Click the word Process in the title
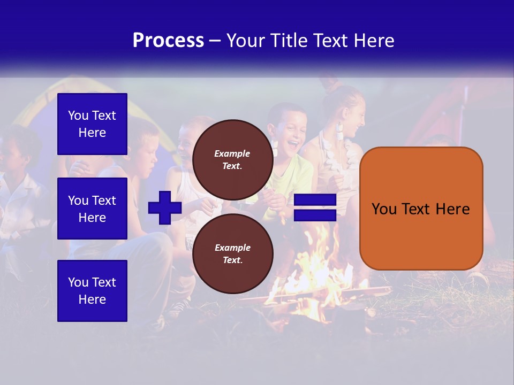click(x=168, y=41)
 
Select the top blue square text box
click(x=92, y=124)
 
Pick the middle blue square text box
click(x=92, y=209)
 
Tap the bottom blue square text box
click(x=92, y=290)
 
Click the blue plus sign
click(x=165, y=207)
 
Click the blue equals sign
click(x=315, y=207)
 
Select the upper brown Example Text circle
click(x=232, y=159)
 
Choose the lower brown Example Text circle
click(x=232, y=253)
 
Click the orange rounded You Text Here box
click(x=421, y=209)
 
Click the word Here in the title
click(x=375, y=41)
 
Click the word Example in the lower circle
click(x=232, y=248)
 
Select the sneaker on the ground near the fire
click(x=179, y=307)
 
